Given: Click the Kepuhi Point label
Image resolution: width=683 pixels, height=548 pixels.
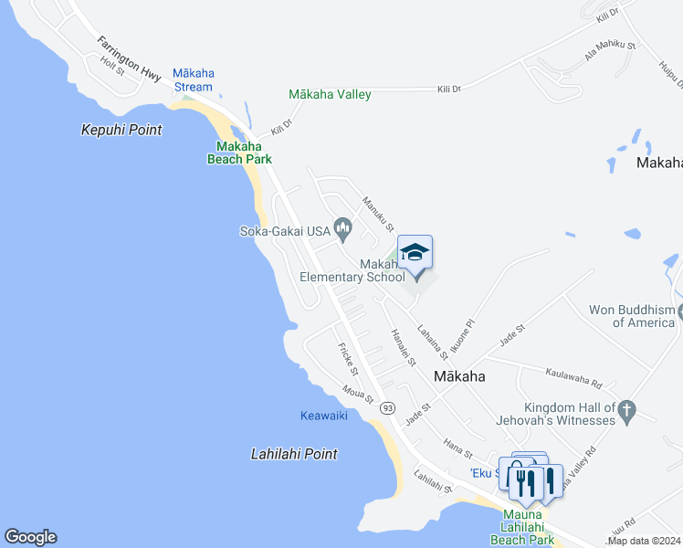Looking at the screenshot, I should coord(121,131).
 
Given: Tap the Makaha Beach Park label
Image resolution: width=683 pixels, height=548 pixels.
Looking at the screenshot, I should coord(244,153).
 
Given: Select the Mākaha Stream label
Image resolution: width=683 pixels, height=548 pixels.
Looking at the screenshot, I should coord(193,80).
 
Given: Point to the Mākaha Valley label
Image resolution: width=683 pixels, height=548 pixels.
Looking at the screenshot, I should coord(330,94).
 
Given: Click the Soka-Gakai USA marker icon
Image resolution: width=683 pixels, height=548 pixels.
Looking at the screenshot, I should coord(343,227).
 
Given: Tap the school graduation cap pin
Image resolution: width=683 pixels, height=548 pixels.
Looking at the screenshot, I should coord(415,253).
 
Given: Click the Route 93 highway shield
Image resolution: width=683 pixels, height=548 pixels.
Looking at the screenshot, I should coord(388,407).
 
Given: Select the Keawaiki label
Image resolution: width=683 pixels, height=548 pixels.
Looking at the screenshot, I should coord(324,416).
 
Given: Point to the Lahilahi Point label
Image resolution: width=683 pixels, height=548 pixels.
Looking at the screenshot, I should coord(294,454).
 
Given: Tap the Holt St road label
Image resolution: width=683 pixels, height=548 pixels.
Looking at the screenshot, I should coord(112,65).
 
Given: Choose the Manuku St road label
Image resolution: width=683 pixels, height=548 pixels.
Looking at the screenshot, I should coord(377,214).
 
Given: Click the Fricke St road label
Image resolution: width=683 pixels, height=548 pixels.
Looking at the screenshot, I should coord(347,357).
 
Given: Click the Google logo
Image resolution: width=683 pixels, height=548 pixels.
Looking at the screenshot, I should coord(30,537).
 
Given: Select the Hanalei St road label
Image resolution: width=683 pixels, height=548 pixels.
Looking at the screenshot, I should coord(403,347).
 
